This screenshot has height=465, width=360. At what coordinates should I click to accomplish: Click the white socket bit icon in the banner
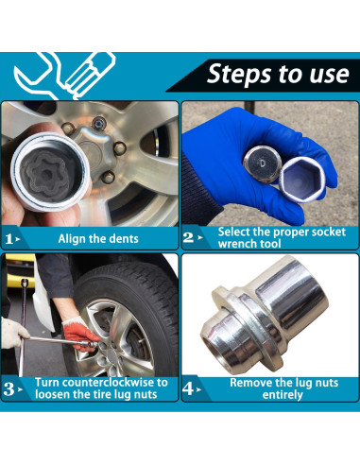click(x=89, y=75)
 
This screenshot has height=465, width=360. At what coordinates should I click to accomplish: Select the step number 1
click(x=9, y=239)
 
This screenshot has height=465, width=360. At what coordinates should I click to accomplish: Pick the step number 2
click(x=188, y=237)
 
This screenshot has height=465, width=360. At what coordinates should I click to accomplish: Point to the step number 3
click(x=9, y=389)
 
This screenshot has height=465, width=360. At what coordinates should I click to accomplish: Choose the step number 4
click(x=188, y=388)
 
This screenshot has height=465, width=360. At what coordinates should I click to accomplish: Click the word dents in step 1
click(x=123, y=239)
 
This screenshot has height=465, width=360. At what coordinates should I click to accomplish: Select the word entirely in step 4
click(x=283, y=395)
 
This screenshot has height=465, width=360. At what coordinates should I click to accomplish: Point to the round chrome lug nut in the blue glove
click(x=262, y=164)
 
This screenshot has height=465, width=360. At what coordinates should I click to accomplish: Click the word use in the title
click(x=330, y=75)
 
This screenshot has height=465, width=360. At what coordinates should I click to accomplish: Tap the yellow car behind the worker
click(x=20, y=270)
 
